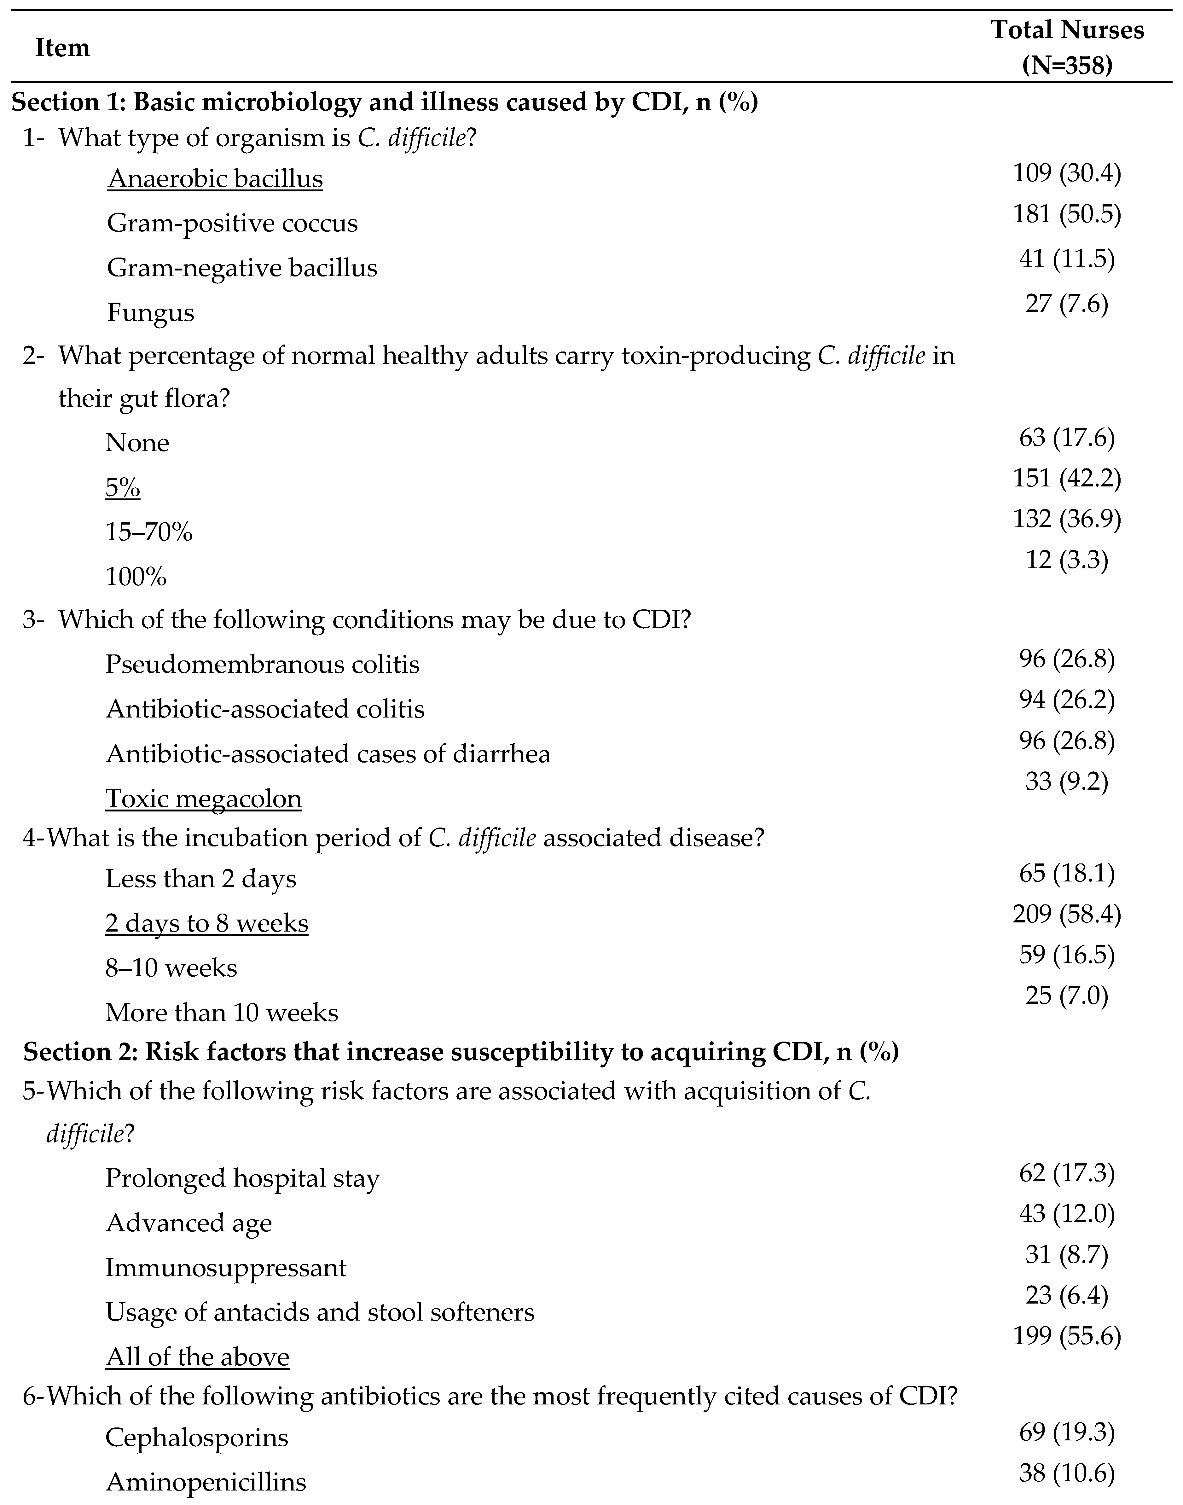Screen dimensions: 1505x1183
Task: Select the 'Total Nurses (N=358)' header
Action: coord(1067,48)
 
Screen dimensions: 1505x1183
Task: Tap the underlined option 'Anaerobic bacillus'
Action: coord(215,179)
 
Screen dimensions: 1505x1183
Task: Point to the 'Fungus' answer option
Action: coord(150,312)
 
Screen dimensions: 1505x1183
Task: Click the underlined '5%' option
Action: coord(123,488)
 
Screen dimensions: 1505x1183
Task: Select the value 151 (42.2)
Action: coord(1067,478)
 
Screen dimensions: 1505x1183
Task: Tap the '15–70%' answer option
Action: coord(149,532)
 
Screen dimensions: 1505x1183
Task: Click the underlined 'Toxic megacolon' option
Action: coord(204,799)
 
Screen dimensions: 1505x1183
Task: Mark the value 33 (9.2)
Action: coord(1067,781)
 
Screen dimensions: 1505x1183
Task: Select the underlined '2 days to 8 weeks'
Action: coord(206,923)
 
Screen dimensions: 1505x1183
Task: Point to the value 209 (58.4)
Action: coord(1067,914)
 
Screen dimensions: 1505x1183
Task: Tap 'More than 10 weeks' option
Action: coord(222,1013)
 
